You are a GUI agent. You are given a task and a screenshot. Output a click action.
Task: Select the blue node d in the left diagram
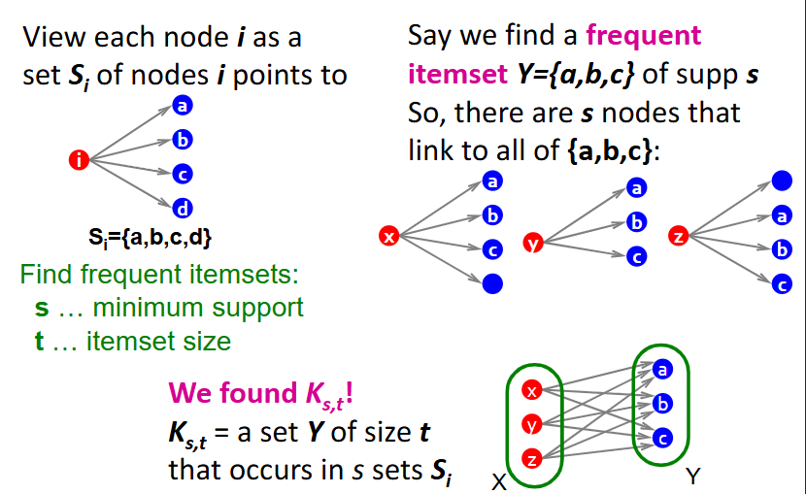[181, 207]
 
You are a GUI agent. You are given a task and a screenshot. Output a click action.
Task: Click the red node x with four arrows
[389, 235]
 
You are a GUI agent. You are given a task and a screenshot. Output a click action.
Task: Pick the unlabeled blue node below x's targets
[492, 283]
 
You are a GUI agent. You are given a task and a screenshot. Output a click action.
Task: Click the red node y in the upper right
[531, 242]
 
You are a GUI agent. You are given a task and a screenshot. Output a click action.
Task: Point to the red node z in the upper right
[679, 235]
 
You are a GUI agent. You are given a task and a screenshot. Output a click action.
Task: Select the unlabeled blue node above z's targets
[781, 181]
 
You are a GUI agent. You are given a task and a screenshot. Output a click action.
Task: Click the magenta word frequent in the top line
[643, 37]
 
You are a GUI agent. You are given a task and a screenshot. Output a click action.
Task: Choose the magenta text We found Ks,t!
[260, 393]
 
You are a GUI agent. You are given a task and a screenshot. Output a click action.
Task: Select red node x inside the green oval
[531, 391]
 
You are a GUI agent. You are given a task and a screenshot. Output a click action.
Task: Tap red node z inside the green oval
[531, 457]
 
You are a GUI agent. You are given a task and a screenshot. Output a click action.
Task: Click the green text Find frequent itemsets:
[158, 275]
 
